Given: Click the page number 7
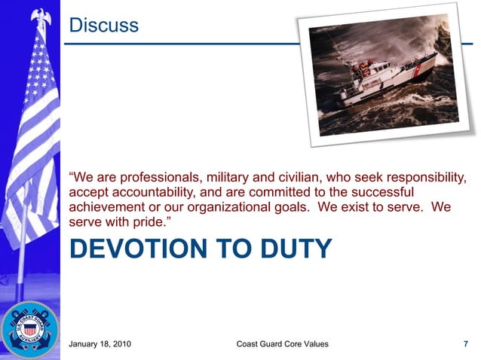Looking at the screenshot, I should (x=465, y=346).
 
